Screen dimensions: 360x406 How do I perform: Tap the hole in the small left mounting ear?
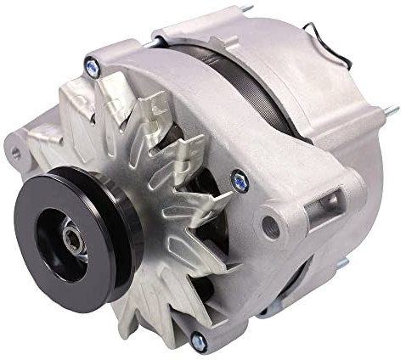click(x=15, y=153)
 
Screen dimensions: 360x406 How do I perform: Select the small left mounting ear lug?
click(x=21, y=154)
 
